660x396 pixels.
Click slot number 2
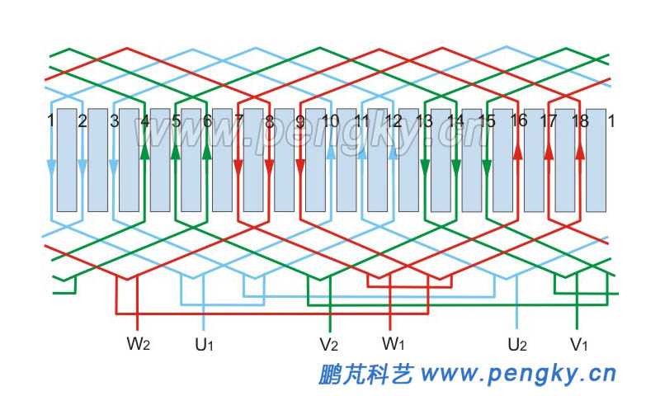point(82,121)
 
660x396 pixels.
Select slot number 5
point(176,121)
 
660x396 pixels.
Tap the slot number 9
point(300,121)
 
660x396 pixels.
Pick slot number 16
point(518,121)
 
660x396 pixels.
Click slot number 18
point(580,121)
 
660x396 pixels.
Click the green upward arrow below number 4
point(145,153)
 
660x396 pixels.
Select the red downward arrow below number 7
point(238,167)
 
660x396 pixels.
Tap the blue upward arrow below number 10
point(331,153)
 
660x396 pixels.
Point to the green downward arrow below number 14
point(455,167)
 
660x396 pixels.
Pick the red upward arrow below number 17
point(549,153)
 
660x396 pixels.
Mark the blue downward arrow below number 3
point(114,167)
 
